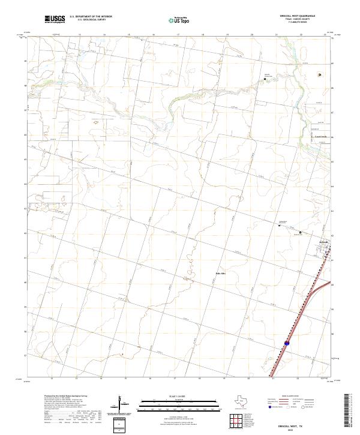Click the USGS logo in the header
[55, 19]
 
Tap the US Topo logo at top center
[180, 20]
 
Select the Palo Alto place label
[220, 274]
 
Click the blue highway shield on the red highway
[287, 344]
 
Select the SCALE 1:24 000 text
[168, 396]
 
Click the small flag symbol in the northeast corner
[320, 74]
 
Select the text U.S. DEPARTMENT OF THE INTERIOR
[91, 17]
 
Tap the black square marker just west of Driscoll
[301, 232]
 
